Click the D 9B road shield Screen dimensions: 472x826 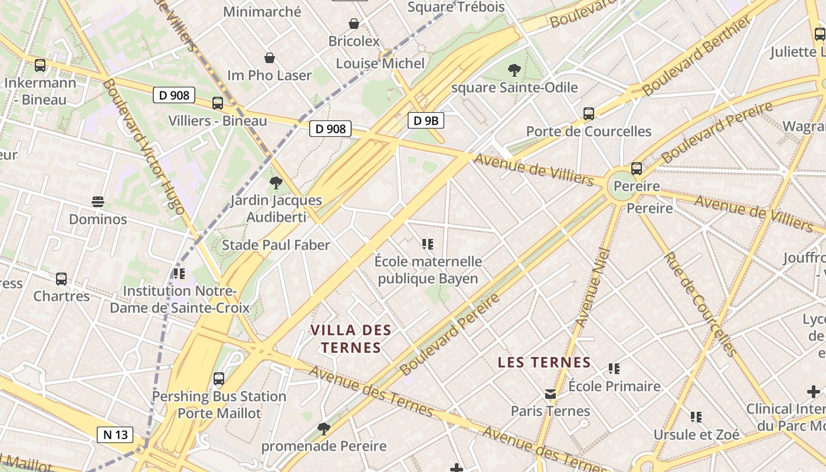(425, 121)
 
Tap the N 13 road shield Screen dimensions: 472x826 (115, 435)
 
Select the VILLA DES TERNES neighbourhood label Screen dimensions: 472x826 (351, 339)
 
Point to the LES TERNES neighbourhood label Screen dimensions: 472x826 (544, 362)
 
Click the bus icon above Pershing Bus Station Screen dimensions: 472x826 (219, 379)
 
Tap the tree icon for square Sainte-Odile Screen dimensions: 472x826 (514, 71)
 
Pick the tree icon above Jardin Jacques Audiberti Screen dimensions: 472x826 (276, 183)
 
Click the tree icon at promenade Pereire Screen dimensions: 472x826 (323, 428)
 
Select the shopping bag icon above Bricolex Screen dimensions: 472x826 (354, 24)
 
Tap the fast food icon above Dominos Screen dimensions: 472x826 (98, 202)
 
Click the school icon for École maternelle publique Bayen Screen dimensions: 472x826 (428, 244)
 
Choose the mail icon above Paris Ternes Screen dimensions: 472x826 (550, 394)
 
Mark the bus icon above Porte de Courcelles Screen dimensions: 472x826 (588, 114)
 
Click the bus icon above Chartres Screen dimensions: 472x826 (61, 278)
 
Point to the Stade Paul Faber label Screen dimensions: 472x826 (276, 245)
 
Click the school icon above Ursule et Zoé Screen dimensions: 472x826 (696, 417)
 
